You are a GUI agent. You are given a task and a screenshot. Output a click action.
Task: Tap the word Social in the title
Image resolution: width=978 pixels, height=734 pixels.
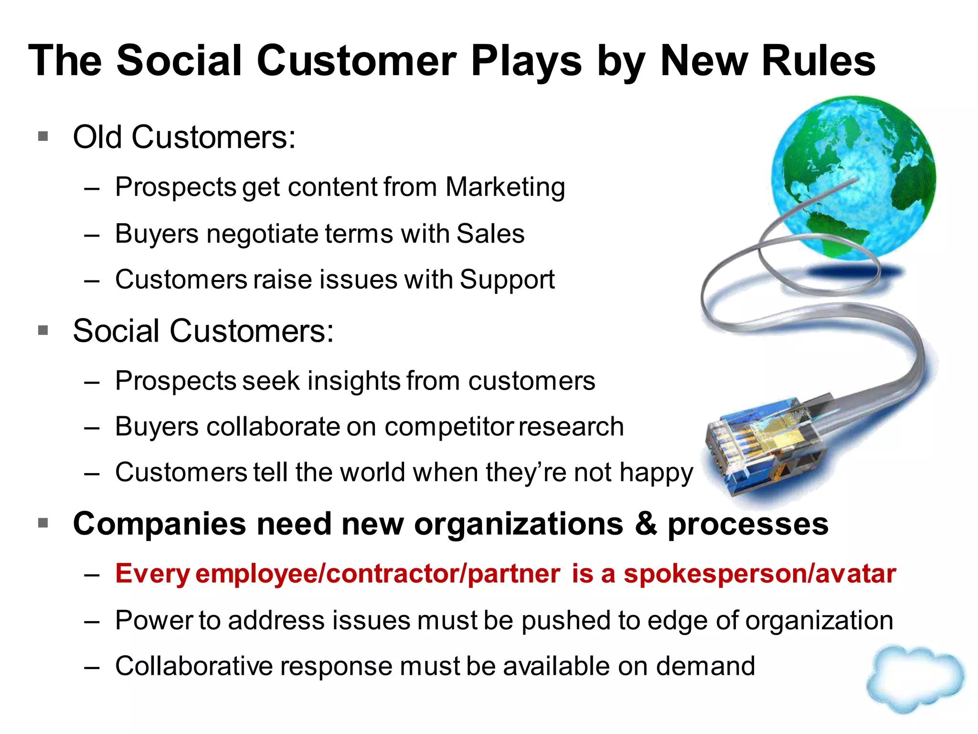[179, 61]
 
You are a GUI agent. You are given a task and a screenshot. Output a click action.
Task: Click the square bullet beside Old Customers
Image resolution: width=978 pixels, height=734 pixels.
[43, 137]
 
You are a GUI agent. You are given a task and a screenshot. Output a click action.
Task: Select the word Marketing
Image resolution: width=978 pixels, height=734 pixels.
[505, 187]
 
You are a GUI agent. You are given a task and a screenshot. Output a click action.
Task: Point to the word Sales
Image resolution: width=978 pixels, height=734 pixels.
[490, 234]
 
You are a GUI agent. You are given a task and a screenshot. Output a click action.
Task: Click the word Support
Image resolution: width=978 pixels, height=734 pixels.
[507, 280]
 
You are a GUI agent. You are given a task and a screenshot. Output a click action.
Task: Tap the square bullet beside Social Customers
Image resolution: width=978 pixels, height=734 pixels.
[43, 330]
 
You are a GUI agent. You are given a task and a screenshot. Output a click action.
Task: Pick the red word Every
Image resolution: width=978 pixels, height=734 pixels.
[153, 573]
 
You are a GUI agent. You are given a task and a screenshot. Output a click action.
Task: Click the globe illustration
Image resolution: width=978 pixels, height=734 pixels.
[854, 177]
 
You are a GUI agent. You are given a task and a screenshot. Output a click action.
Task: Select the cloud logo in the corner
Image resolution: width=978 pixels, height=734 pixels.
[914, 679]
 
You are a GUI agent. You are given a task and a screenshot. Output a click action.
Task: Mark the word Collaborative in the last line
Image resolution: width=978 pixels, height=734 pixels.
[193, 666]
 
